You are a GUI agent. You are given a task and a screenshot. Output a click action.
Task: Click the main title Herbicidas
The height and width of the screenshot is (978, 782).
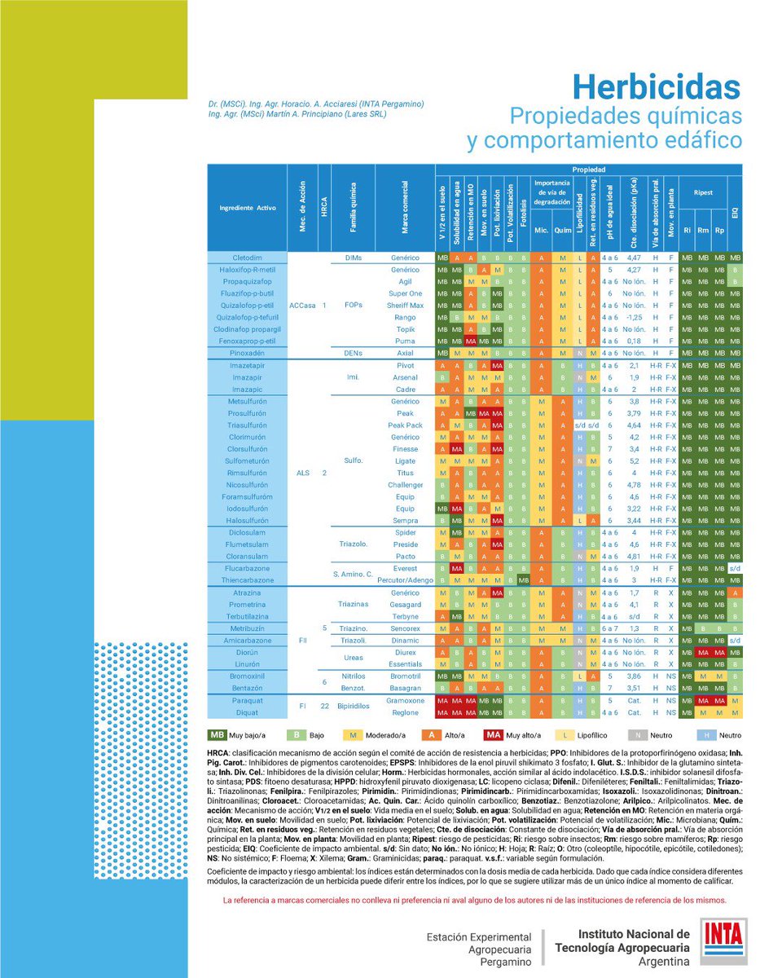point(656,87)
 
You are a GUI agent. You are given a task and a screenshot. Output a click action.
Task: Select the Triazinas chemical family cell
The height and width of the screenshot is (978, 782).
point(354,605)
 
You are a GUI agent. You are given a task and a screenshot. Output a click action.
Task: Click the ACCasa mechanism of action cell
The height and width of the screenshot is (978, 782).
point(302,305)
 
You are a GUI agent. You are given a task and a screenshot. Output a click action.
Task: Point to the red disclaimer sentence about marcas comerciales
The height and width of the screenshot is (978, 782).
point(474,901)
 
